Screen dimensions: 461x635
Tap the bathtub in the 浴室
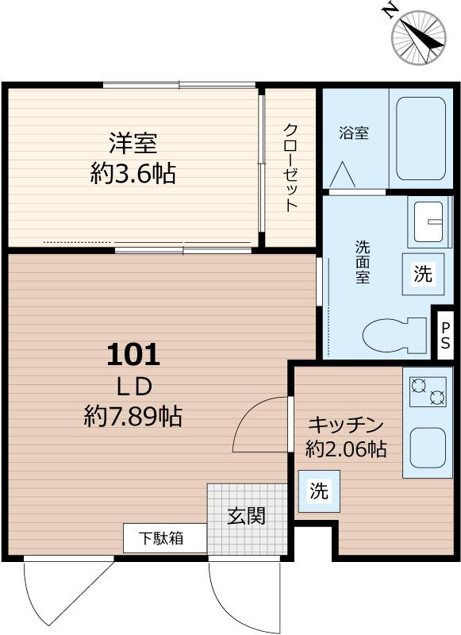point(421,138)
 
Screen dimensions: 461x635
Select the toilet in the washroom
point(394,333)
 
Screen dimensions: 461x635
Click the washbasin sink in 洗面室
point(428,221)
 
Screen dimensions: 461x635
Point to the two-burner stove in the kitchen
point(428,391)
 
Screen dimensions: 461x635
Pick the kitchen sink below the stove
point(428,448)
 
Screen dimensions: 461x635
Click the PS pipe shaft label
point(445,335)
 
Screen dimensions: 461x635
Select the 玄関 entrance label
point(246,516)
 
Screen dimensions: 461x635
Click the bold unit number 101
point(133,354)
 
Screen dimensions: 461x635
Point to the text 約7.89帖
point(133,416)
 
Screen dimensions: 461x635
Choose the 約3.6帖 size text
point(133,174)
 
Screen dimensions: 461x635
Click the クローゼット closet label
point(290,167)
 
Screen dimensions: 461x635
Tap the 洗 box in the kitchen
point(319,491)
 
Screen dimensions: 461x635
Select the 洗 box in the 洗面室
point(423,274)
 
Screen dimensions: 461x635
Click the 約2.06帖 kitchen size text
point(346,448)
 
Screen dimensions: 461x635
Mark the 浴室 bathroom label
point(354,133)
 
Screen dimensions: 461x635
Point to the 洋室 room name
point(133,143)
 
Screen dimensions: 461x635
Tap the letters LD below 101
point(134,387)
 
